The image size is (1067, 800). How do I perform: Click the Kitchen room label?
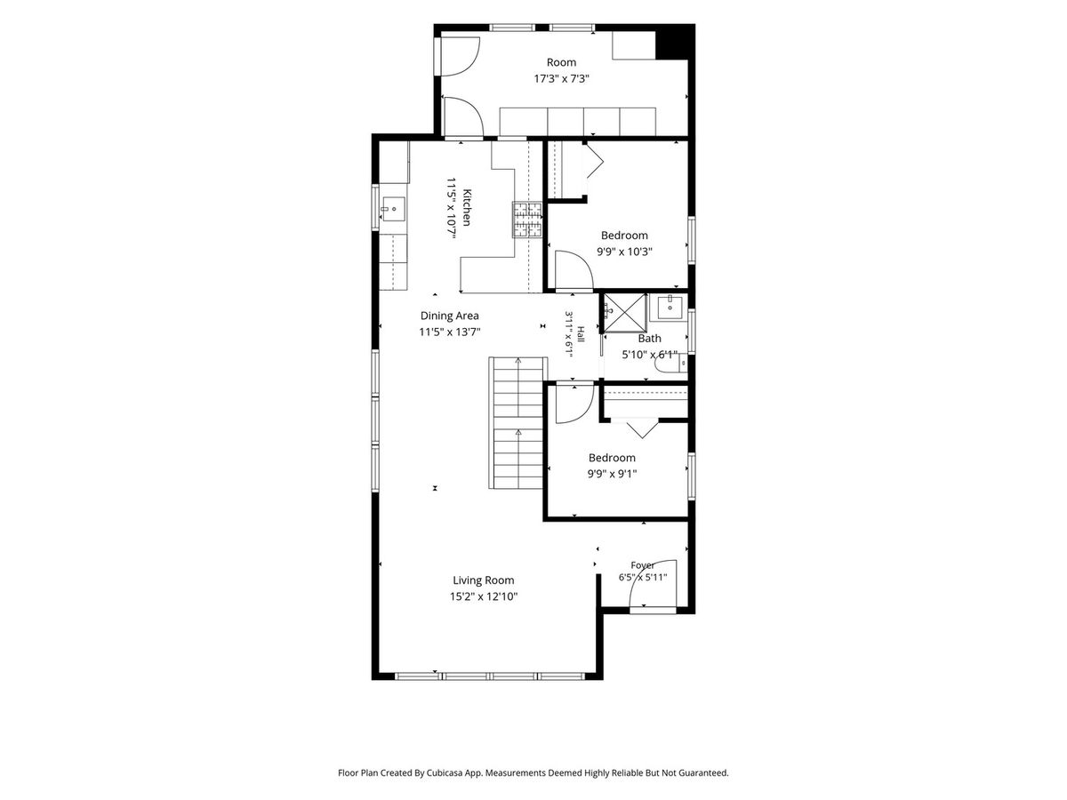(x=466, y=207)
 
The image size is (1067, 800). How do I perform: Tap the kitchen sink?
(x=393, y=208)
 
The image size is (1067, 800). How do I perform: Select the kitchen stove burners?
(x=527, y=220)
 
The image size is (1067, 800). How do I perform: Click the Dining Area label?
(x=449, y=316)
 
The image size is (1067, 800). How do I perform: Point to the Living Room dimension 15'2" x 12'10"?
(x=483, y=596)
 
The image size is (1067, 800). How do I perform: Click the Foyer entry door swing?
(x=653, y=583)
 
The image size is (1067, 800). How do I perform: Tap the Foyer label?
(x=642, y=565)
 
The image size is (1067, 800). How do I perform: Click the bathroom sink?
(x=670, y=307)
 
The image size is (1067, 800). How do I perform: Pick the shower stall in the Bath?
(x=624, y=313)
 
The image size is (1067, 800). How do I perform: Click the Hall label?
(x=580, y=334)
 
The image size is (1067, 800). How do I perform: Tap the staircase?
(x=517, y=423)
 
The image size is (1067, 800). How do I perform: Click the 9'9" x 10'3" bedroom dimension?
(x=624, y=252)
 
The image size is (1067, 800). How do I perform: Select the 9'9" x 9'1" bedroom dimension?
(x=612, y=474)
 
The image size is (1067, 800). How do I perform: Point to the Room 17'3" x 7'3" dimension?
(x=561, y=79)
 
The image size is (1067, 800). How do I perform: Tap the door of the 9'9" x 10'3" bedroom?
(x=574, y=271)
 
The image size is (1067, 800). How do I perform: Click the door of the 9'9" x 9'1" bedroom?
(x=575, y=404)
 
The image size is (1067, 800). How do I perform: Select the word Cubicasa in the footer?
(x=445, y=772)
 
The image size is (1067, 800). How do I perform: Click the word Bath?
(x=649, y=339)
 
